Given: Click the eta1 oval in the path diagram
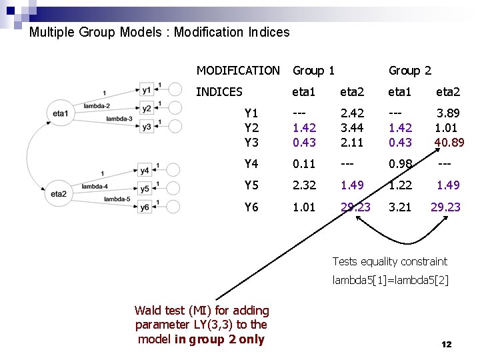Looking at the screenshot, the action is pos(60,114).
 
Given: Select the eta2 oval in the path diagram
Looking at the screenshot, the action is pos(59,194).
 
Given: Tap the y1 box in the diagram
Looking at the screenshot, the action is pos(146,89).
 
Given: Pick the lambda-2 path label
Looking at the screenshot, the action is pos(97,105).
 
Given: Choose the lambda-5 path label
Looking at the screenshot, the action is pos(117,199).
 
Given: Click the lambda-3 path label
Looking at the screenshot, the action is pos(119,118).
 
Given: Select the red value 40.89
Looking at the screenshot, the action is pos(449,142).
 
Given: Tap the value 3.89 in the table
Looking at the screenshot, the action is pos(449,114).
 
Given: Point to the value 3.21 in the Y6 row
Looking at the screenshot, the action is pos(401,207).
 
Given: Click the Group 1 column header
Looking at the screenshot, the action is pos(313,70).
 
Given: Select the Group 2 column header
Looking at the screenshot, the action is pos(409,70).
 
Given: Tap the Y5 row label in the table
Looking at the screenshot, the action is pos(251,185).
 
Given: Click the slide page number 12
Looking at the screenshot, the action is pos(446,344).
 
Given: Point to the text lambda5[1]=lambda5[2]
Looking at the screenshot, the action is pos(391,280).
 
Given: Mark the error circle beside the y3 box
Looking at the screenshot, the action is pos(174,126).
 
